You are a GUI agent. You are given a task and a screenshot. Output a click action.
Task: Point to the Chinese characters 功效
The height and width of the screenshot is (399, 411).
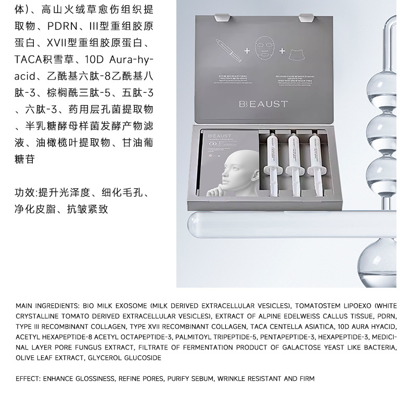(x=25, y=194)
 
